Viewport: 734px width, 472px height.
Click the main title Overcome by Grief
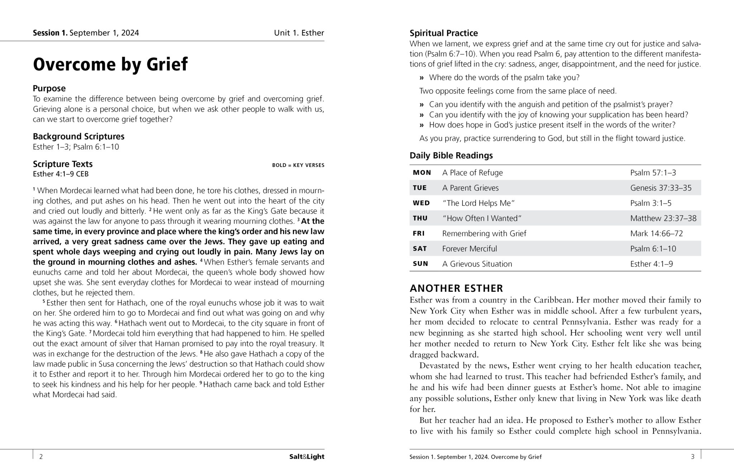pos(110,65)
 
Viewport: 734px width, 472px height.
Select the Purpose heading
pos(49,89)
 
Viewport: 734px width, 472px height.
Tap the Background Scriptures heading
pos(78,137)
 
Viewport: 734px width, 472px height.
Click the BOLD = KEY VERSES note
pos(298,165)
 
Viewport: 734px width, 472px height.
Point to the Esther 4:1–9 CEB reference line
pos(61,174)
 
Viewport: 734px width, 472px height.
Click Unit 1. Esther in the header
pos(299,33)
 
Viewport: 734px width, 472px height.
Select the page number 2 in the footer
pos(41,457)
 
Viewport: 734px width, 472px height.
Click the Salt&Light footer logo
pos(306,457)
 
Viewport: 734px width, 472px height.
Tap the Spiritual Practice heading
pos(443,33)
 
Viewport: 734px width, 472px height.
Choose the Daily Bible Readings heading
pos(451,156)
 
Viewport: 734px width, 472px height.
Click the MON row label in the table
pos(422,173)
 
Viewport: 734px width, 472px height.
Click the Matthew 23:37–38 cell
pos(663,218)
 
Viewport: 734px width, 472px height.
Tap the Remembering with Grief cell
pos(484,234)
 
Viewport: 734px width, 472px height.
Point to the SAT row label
pos(420,249)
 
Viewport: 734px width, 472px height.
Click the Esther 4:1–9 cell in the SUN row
pos(651,264)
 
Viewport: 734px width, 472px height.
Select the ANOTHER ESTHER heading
pos(456,289)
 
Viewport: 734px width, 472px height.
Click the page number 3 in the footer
pos(692,457)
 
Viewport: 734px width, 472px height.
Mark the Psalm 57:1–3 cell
pos(653,173)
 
